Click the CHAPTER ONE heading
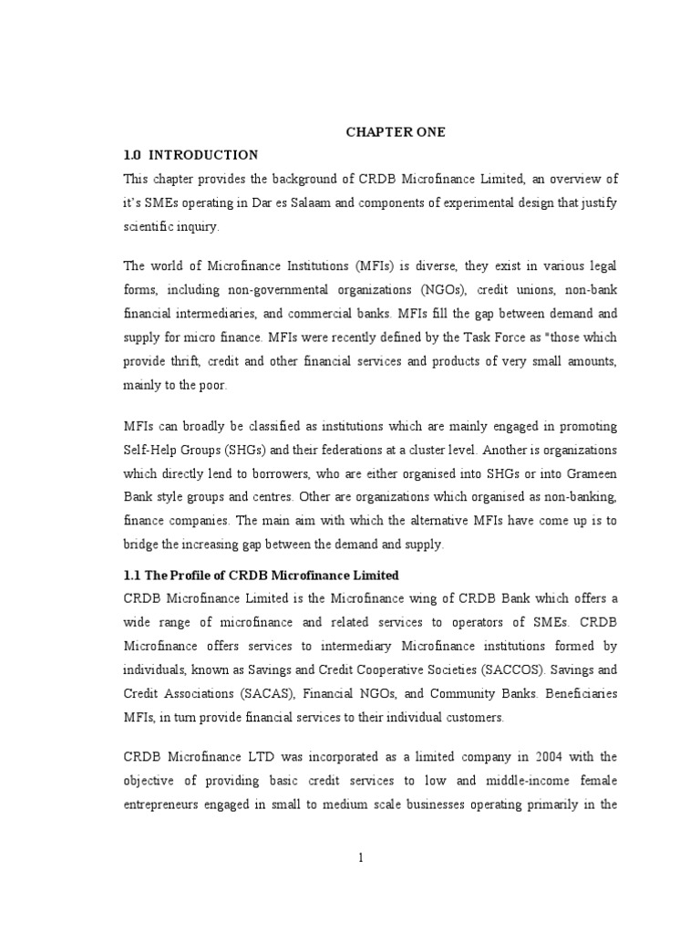tap(395, 132)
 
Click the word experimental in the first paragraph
tap(482, 202)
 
